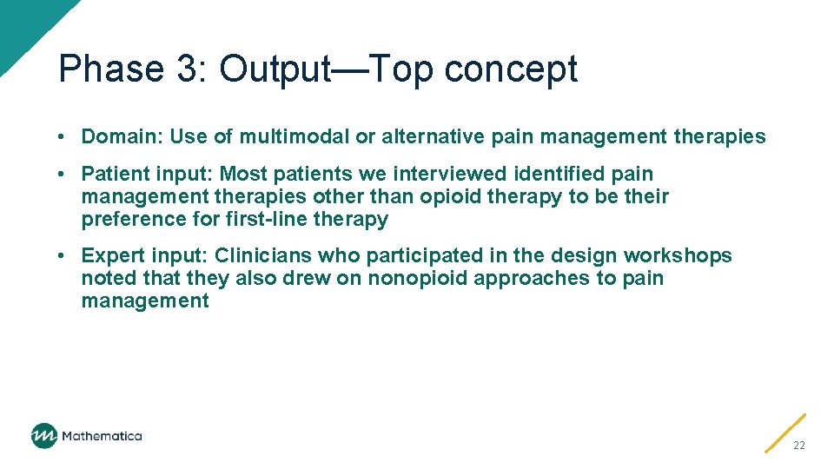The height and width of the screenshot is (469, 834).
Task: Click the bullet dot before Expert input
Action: click(63, 256)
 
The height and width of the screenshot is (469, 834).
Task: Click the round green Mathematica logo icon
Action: click(44, 436)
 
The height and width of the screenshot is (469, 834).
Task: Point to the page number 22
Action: click(798, 445)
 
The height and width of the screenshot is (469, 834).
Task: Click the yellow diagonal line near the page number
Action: click(785, 433)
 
